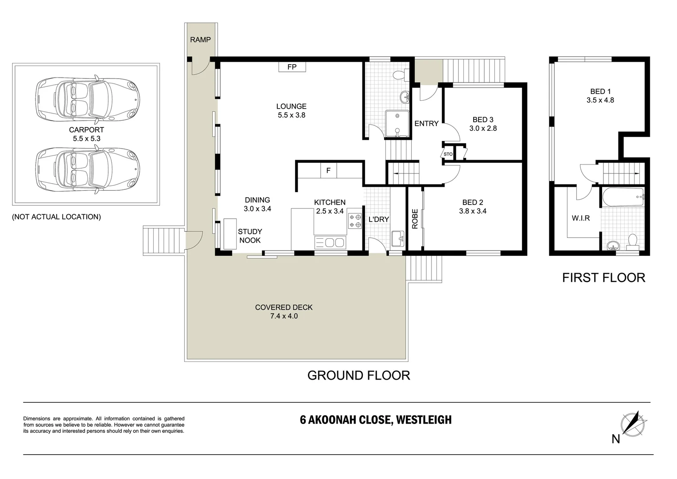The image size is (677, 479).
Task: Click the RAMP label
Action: click(x=200, y=39)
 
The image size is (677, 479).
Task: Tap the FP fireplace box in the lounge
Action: click(x=292, y=67)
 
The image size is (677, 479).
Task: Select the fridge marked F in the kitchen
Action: click(x=328, y=171)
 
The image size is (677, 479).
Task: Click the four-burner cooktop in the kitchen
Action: click(x=355, y=221)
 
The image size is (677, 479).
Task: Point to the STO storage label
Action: click(x=448, y=154)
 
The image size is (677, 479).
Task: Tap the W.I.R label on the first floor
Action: click(x=580, y=218)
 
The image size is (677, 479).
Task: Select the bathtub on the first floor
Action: click(x=623, y=197)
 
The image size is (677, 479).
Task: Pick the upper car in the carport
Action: click(x=88, y=99)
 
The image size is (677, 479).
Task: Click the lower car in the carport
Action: click(x=88, y=169)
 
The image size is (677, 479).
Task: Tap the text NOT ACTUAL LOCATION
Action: click(x=57, y=216)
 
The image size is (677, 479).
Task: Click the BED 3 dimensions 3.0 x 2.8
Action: click(x=483, y=128)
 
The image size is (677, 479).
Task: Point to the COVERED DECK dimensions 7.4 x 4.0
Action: click(x=284, y=316)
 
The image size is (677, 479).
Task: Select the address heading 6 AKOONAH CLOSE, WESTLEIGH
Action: click(x=376, y=420)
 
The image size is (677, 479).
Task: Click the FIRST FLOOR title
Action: click(x=603, y=278)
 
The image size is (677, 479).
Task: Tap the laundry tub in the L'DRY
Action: click(x=398, y=239)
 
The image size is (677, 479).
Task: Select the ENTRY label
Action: click(x=427, y=123)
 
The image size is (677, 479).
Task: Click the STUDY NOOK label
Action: click(x=250, y=236)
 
